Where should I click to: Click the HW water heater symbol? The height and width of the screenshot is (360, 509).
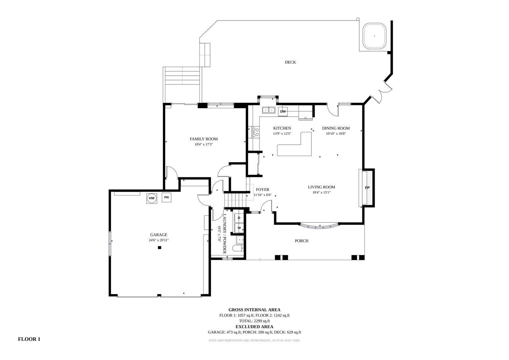[151, 198]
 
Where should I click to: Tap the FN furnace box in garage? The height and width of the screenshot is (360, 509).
[166, 197]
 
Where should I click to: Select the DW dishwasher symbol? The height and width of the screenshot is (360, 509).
[283, 111]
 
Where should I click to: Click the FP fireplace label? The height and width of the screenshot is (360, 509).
[367, 187]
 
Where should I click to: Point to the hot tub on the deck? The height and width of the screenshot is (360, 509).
[374, 36]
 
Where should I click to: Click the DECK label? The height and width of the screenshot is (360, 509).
[290, 62]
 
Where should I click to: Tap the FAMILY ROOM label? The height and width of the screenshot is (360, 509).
[204, 139]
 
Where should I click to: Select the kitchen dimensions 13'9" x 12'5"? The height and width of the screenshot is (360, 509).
[282, 134]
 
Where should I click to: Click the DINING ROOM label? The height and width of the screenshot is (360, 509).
[336, 128]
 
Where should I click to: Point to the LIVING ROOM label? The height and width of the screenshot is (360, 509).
[321, 187]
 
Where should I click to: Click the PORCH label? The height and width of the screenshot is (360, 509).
[302, 241]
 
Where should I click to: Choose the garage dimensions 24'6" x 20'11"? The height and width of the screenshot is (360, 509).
[159, 240]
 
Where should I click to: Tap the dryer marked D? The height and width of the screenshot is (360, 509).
[239, 218]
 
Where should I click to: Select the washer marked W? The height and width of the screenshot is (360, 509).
[239, 228]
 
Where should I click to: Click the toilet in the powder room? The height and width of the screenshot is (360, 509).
[238, 248]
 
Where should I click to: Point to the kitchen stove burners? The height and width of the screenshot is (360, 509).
[255, 132]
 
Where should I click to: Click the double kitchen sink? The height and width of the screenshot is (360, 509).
[268, 110]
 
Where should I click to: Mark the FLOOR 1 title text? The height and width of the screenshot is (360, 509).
[29, 339]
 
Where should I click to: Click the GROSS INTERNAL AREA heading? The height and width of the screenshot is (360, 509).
[254, 310]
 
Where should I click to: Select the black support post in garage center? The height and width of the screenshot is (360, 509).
[159, 247]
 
